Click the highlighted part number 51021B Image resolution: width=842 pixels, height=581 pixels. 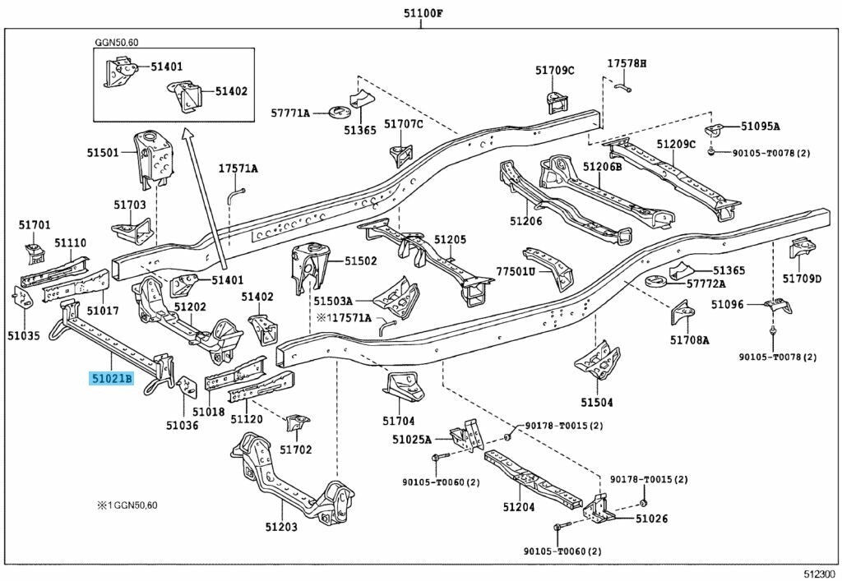(x=111, y=379)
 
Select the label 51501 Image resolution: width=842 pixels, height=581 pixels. (x=104, y=152)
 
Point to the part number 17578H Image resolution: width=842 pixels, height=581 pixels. (x=627, y=63)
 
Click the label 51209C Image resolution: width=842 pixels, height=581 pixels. (x=676, y=145)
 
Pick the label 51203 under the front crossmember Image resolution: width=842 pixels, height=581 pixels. (x=281, y=527)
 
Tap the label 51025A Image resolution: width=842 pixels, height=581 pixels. (x=412, y=440)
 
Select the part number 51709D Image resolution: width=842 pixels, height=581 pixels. (x=802, y=279)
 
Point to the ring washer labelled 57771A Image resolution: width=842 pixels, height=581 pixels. (x=335, y=110)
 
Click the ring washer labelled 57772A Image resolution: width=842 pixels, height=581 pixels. (x=654, y=283)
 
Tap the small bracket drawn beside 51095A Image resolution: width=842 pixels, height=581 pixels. (x=715, y=131)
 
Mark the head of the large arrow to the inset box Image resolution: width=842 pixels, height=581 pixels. (x=188, y=133)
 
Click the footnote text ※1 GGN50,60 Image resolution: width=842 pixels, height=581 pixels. (x=127, y=504)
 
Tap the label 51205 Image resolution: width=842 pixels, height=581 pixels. (x=450, y=240)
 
